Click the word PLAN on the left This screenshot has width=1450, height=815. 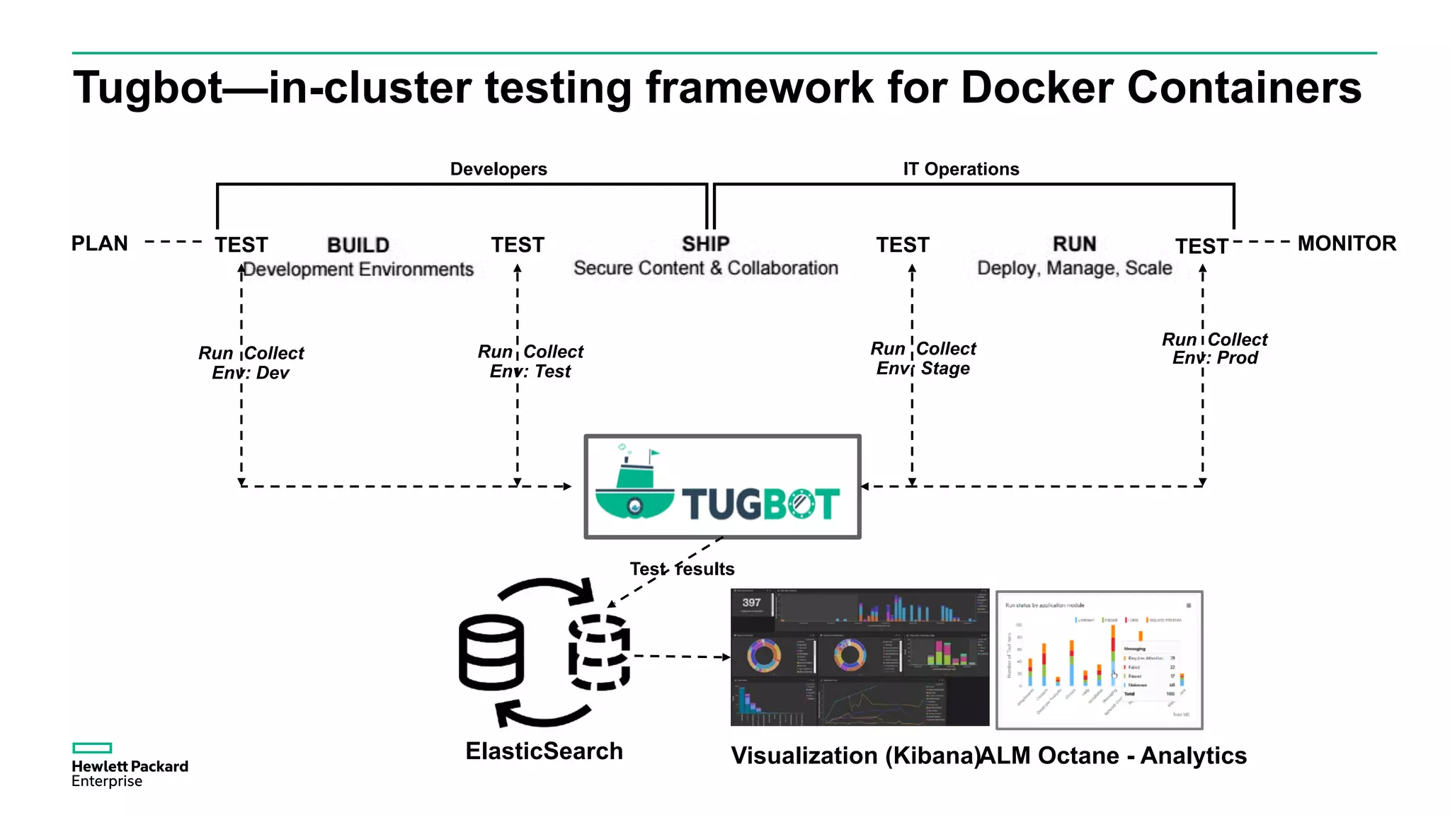[100, 243]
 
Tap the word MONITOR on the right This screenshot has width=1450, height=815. [1346, 243]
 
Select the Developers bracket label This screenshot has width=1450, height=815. [498, 169]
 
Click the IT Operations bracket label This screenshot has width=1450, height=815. [961, 169]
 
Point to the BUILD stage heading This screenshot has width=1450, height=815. [358, 245]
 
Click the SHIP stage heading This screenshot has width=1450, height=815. [705, 244]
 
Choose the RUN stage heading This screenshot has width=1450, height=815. [1074, 244]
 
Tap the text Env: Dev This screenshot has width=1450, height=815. [251, 373]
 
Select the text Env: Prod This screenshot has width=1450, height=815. [1215, 358]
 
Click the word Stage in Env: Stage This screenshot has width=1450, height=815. [945, 369]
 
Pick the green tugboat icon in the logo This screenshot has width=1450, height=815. [634, 485]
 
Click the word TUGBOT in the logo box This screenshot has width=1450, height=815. [760, 504]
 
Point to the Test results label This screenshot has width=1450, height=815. [682, 569]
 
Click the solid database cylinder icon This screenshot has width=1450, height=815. [491, 652]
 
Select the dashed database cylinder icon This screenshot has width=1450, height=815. [599, 652]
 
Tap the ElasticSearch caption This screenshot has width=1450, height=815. [544, 751]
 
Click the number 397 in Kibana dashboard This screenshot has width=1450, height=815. [751, 603]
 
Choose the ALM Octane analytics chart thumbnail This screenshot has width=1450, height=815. [1099, 660]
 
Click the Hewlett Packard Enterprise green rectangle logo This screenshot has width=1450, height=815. [92, 748]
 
